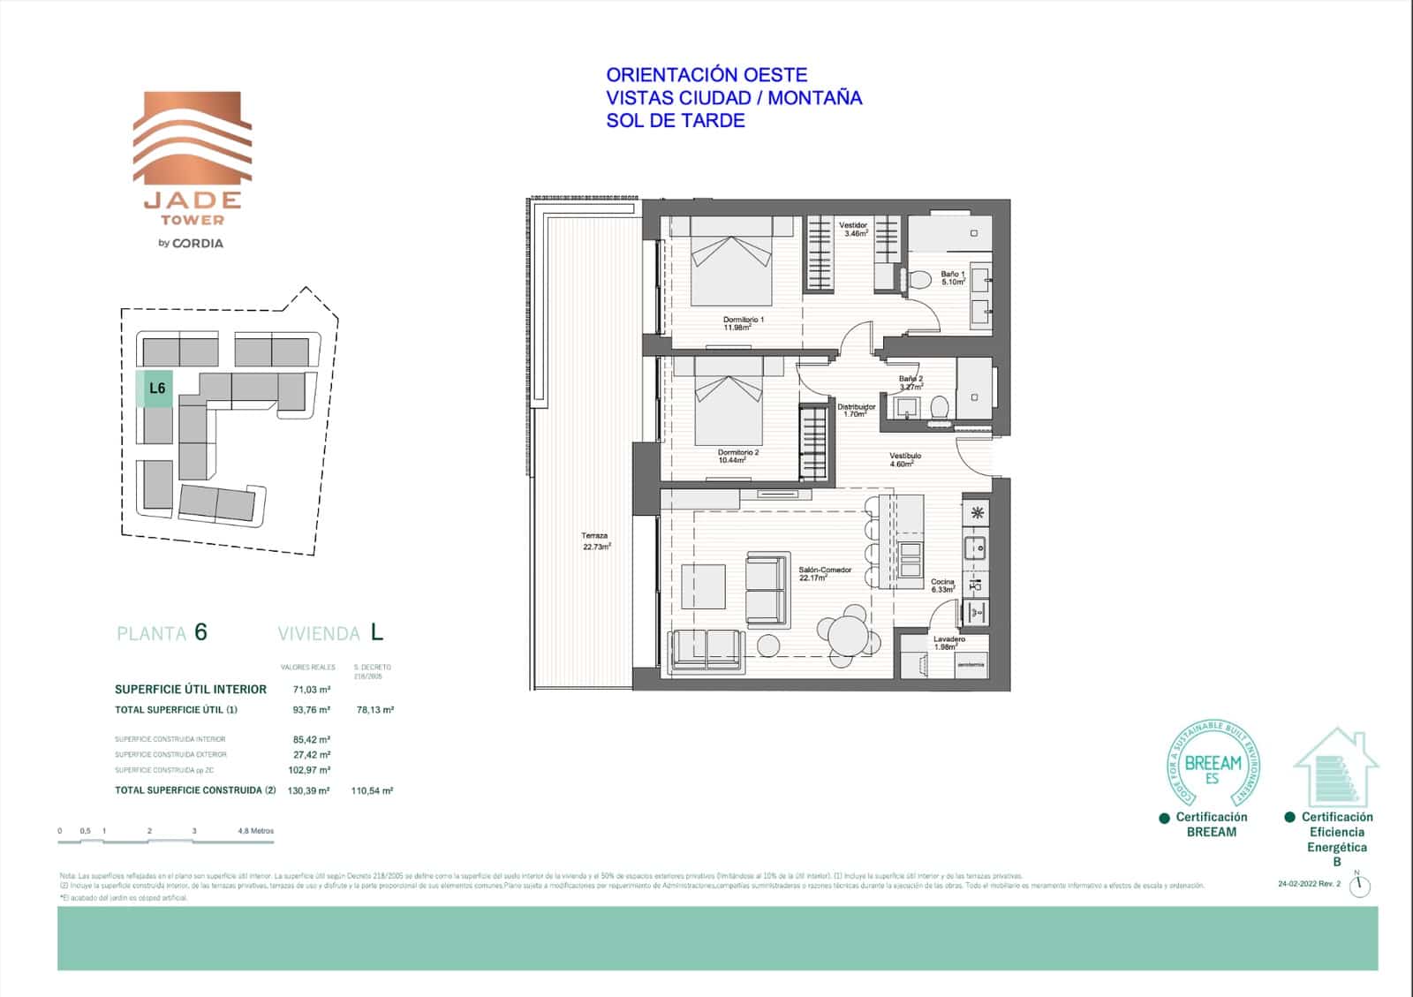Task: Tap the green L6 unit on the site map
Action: click(x=157, y=389)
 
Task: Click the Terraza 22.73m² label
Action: click(x=595, y=541)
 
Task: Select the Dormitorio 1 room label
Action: click(x=743, y=323)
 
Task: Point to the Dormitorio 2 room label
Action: click(x=737, y=456)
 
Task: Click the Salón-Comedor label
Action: click(x=825, y=574)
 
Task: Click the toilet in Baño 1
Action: click(x=920, y=281)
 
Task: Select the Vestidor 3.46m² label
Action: click(x=853, y=230)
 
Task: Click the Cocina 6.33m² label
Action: click(x=942, y=585)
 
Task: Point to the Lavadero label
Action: click(x=949, y=642)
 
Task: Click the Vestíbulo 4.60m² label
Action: click(x=904, y=459)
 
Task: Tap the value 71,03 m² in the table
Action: click(x=311, y=690)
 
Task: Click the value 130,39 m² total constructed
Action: click(x=308, y=791)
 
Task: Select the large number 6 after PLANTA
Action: click(x=200, y=632)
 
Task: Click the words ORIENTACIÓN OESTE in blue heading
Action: click(x=706, y=75)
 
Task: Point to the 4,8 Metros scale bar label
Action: click(x=256, y=831)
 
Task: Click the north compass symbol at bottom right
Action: click(x=1360, y=886)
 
